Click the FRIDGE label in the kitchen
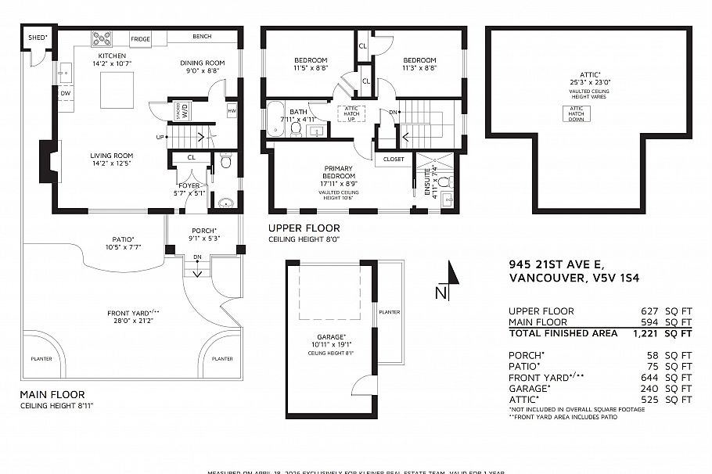[141, 38]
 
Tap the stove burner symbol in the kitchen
[102, 38]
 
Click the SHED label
[38, 37]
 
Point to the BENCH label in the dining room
[200, 37]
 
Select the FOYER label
[189, 185]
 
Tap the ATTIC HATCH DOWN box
[577, 113]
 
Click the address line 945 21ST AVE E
[556, 264]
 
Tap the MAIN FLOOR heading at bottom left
[52, 394]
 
